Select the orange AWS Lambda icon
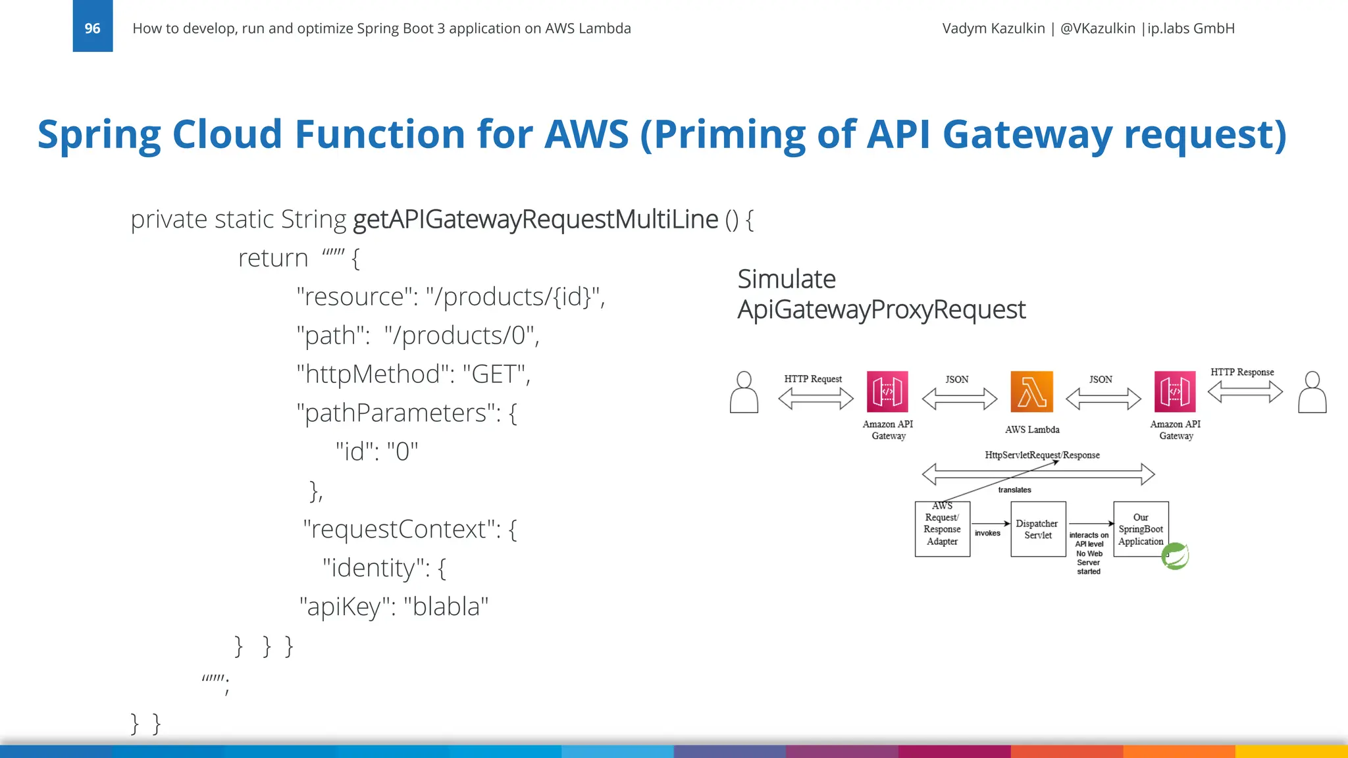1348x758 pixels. click(1031, 392)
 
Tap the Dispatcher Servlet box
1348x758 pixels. click(1038, 529)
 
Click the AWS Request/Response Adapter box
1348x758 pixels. click(942, 529)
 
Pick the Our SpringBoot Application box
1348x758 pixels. click(1141, 529)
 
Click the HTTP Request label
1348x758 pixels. click(813, 379)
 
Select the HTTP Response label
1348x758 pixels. click(1242, 372)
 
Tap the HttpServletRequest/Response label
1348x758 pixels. click(1042, 455)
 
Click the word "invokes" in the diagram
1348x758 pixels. click(987, 533)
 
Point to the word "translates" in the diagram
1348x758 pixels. click(1014, 490)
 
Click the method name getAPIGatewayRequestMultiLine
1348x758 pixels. click(535, 219)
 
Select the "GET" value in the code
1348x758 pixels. click(494, 374)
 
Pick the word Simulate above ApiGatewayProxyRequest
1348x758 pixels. click(787, 279)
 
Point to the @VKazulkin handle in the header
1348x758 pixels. click(1097, 28)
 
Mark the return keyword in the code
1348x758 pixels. click(273, 258)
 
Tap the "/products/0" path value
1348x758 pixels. click(462, 336)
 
